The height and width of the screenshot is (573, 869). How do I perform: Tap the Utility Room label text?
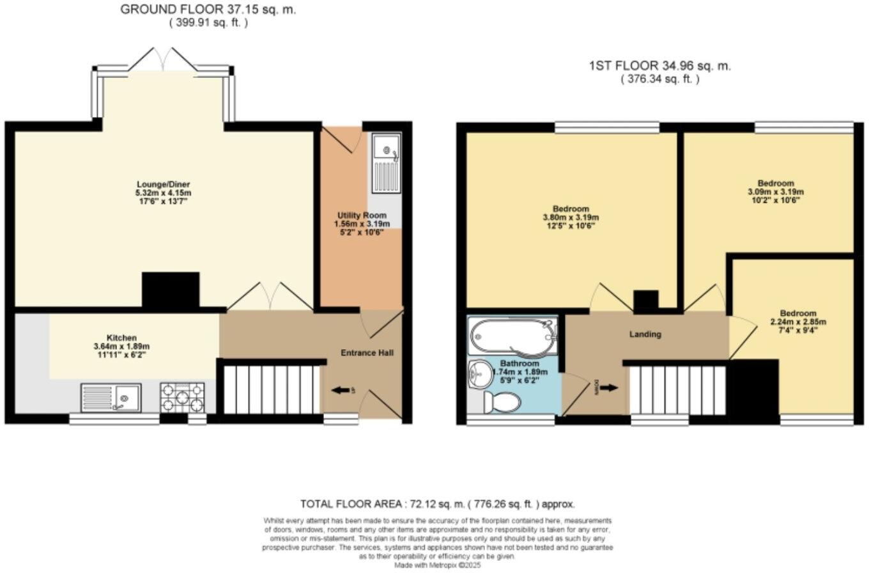click(x=361, y=216)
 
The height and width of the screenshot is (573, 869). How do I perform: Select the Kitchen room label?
click(x=121, y=338)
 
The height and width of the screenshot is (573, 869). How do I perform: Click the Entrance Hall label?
click(x=367, y=352)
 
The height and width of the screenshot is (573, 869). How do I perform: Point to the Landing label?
click(x=645, y=334)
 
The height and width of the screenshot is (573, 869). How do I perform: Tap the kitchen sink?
click(x=111, y=397)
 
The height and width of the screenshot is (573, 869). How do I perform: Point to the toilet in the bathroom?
click(x=502, y=403)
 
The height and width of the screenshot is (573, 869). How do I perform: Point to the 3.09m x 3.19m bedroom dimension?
click(x=775, y=191)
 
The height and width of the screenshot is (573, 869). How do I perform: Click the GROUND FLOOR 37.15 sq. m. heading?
click(x=208, y=10)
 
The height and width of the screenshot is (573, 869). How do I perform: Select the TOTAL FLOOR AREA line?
click(x=438, y=504)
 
